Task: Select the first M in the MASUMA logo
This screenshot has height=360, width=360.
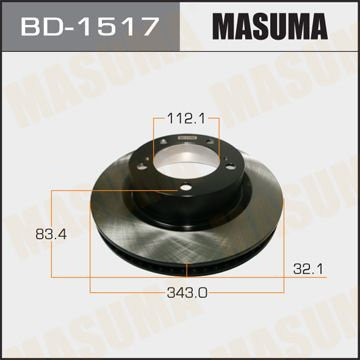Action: (208, 25)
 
